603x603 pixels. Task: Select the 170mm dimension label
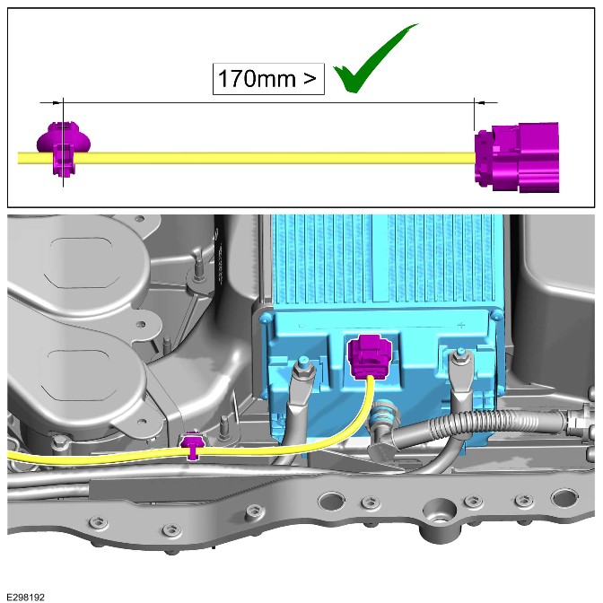268,79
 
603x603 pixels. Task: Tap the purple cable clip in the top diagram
64,148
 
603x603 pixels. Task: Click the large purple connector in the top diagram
517,157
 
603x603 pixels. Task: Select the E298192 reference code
25,598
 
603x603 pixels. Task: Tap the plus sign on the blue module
461,326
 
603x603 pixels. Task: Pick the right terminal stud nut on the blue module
460,357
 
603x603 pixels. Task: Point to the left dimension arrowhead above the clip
57,102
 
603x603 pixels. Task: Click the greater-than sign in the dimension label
310,79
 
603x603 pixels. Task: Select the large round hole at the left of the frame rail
331,501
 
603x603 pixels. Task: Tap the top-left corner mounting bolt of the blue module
265,319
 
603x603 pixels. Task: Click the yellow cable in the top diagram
246,158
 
